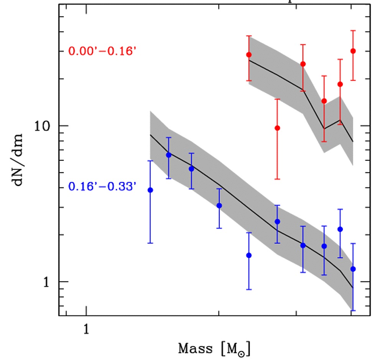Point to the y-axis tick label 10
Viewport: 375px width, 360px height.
[43, 126]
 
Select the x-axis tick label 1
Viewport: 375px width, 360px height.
[86, 329]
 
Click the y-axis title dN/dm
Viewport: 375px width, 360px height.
[20, 159]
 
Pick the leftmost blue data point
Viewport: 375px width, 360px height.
[150, 190]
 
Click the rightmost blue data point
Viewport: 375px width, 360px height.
[353, 269]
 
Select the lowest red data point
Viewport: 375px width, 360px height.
[277, 128]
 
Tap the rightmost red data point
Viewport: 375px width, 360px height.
[353, 51]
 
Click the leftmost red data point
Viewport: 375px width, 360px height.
[249, 54]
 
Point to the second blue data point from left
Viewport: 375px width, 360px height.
[168, 155]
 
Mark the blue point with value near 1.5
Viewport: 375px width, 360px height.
[248, 255]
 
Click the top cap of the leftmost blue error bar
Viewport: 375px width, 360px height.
[150, 160]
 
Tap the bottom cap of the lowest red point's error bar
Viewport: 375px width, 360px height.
[277, 179]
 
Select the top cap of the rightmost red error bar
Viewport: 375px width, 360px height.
[353, 30]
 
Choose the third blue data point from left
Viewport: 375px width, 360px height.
[191, 168]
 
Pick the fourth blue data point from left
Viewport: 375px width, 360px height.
[219, 205]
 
